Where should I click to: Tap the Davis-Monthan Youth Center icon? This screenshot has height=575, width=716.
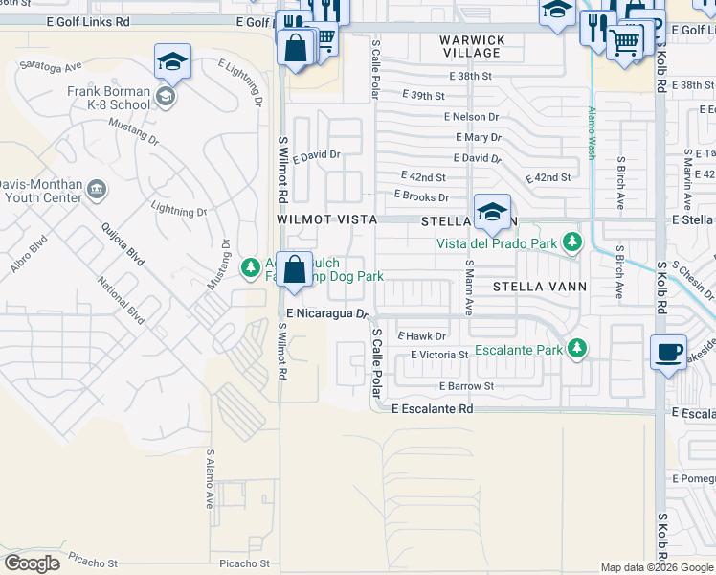pyautogui.click(x=97, y=189)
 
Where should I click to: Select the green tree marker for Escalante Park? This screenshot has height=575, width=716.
pyautogui.click(x=576, y=349)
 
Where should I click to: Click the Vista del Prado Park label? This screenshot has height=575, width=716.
pyautogui.click(x=497, y=244)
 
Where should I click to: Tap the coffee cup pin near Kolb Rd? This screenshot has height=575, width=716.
pyautogui.click(x=668, y=351)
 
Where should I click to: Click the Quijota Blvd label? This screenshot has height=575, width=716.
pyautogui.click(x=123, y=245)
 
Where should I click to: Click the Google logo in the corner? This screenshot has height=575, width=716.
pyautogui.click(x=32, y=563)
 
